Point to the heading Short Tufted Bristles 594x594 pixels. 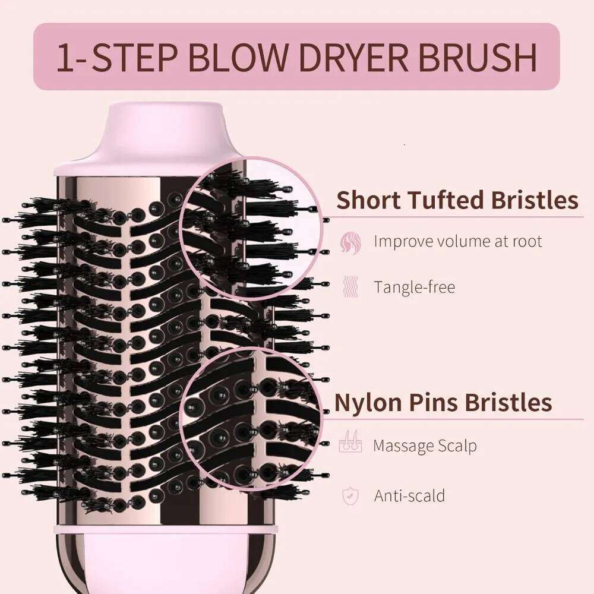tap(457, 200)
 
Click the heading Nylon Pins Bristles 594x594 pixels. tap(443, 402)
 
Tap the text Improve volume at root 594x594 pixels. tap(457, 241)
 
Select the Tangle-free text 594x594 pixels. tap(414, 287)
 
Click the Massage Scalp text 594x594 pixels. tap(425, 445)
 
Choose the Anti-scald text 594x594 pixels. tap(409, 495)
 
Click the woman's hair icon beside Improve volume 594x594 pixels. tap(350, 242)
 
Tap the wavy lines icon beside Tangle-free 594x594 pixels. tap(350, 287)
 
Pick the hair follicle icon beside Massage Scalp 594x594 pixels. tap(350, 445)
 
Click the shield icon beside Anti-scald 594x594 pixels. tap(350, 495)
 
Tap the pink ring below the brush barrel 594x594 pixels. tap(166, 528)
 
